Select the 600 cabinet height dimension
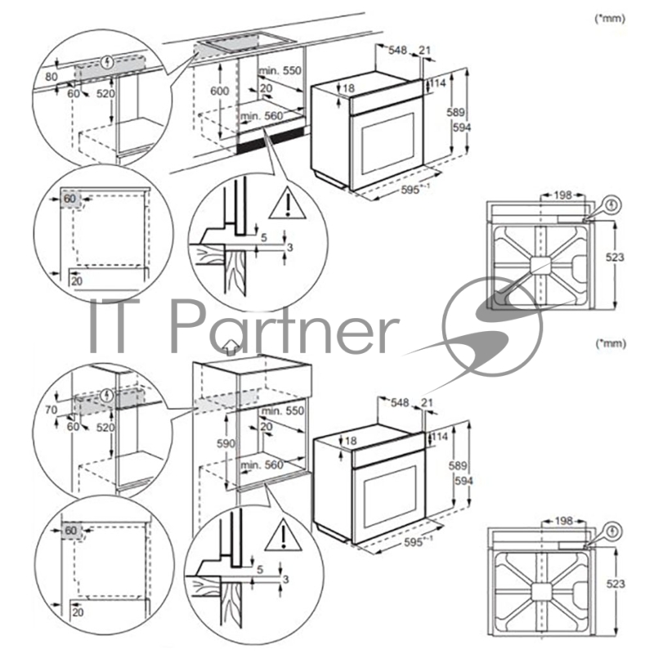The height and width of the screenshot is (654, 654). [x=218, y=92]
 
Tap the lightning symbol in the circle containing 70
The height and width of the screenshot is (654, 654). [x=104, y=396]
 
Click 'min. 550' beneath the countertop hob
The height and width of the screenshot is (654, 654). [x=281, y=71]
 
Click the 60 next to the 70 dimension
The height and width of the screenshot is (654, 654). [x=74, y=427]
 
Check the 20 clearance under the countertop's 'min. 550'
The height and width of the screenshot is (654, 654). [x=266, y=88]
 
